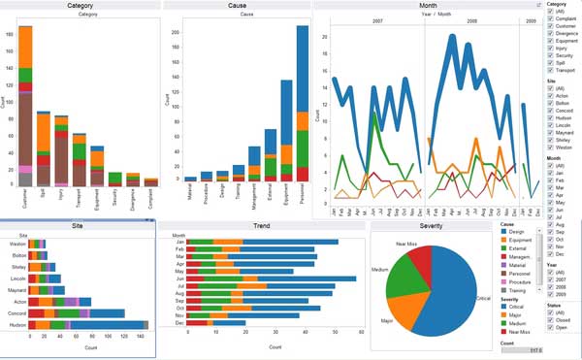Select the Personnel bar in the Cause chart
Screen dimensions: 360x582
click(302, 107)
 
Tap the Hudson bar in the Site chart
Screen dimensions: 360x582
click(82, 326)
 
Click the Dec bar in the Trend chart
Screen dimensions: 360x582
click(213, 322)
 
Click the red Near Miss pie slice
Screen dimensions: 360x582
click(418, 261)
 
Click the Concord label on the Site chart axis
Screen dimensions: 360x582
click(16, 313)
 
